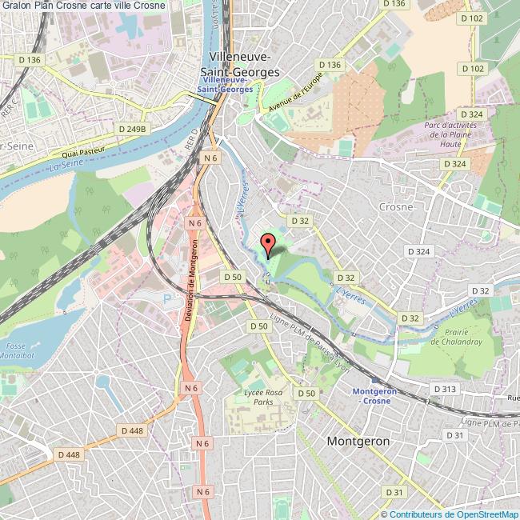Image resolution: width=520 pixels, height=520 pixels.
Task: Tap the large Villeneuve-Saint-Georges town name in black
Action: click(243, 65)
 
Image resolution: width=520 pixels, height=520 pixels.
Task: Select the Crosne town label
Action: click(396, 206)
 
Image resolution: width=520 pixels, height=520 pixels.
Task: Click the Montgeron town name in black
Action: click(358, 441)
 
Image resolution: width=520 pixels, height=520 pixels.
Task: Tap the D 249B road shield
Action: click(133, 128)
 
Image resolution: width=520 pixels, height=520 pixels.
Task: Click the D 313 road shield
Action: click(444, 388)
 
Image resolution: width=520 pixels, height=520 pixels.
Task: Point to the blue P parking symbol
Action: click(167, 298)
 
